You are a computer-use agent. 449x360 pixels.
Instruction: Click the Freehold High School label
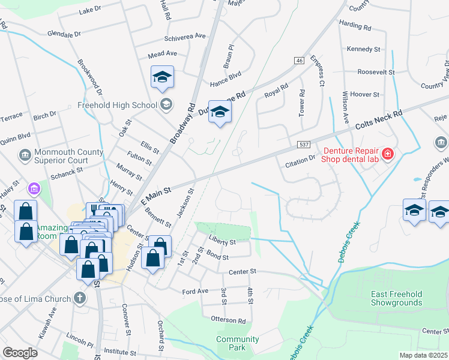[117, 105]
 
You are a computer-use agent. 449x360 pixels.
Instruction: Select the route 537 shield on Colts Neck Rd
[303, 146]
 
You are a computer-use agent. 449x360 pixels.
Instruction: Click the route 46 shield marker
[298, 61]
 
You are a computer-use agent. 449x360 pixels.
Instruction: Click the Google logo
[20, 353]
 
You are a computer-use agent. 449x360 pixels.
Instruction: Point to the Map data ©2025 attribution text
[423, 355]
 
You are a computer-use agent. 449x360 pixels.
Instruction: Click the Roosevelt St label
[375, 71]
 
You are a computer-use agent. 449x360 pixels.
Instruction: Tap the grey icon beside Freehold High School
[166, 104]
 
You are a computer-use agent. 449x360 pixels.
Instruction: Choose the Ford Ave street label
[195, 292]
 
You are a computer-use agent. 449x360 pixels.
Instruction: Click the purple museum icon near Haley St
[34, 189]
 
